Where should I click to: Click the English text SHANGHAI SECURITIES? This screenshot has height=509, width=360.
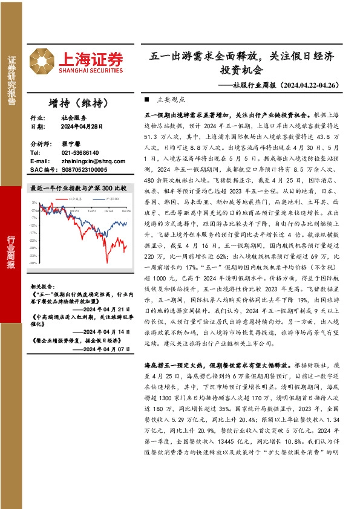[90, 70]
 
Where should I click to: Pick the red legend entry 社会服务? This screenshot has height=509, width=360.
[74, 197]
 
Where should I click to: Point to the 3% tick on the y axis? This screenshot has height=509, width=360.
[35, 202]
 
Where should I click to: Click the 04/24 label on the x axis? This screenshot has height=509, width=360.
[126, 210]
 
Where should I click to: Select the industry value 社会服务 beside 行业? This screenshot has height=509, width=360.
[71, 118]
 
